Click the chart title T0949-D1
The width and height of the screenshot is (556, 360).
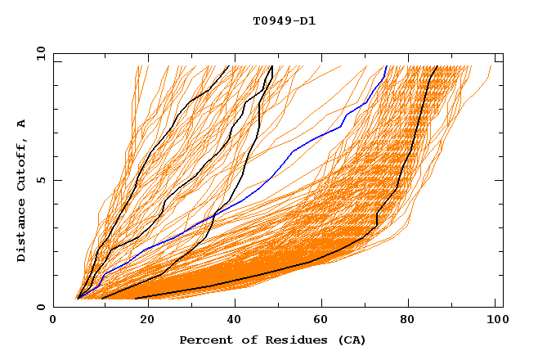click(284, 20)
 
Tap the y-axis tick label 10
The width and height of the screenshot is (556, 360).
click(39, 53)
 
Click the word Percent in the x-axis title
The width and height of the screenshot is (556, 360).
click(202, 340)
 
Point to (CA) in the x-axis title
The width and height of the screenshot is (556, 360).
click(352, 340)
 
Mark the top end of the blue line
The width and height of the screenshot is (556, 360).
click(386, 66)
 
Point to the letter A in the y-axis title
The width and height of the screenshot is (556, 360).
click(22, 123)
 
